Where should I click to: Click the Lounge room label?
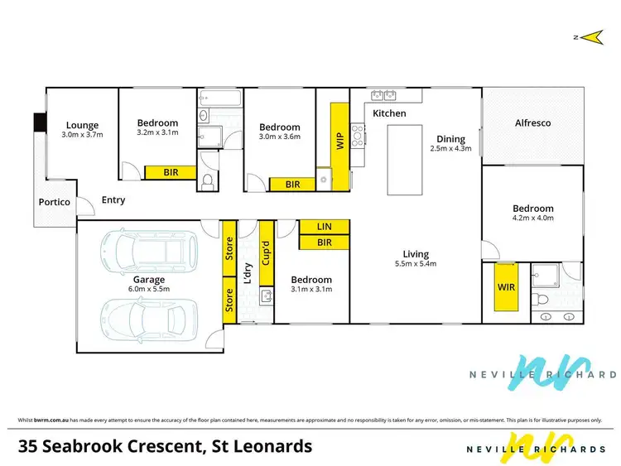[82, 126]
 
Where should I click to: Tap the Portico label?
[54, 203]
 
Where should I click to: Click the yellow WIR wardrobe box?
[506, 286]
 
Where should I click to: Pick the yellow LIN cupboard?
[324, 227]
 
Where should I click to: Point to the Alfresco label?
[532, 123]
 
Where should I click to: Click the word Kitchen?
[389, 113]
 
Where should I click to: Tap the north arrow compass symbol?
[590, 36]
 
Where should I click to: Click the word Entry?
[113, 199]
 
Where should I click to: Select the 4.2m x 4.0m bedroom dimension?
[532, 219]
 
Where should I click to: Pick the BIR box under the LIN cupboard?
[324, 243]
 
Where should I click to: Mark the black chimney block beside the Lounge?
[38, 123]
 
